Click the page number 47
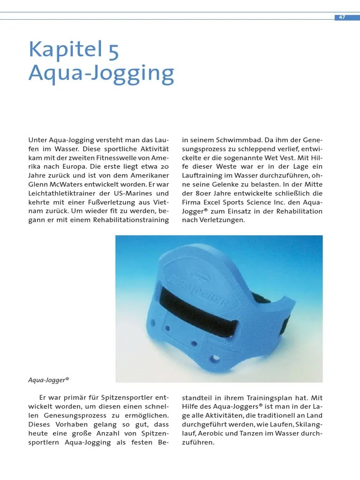coord(342,17)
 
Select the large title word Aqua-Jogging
coord(101,73)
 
